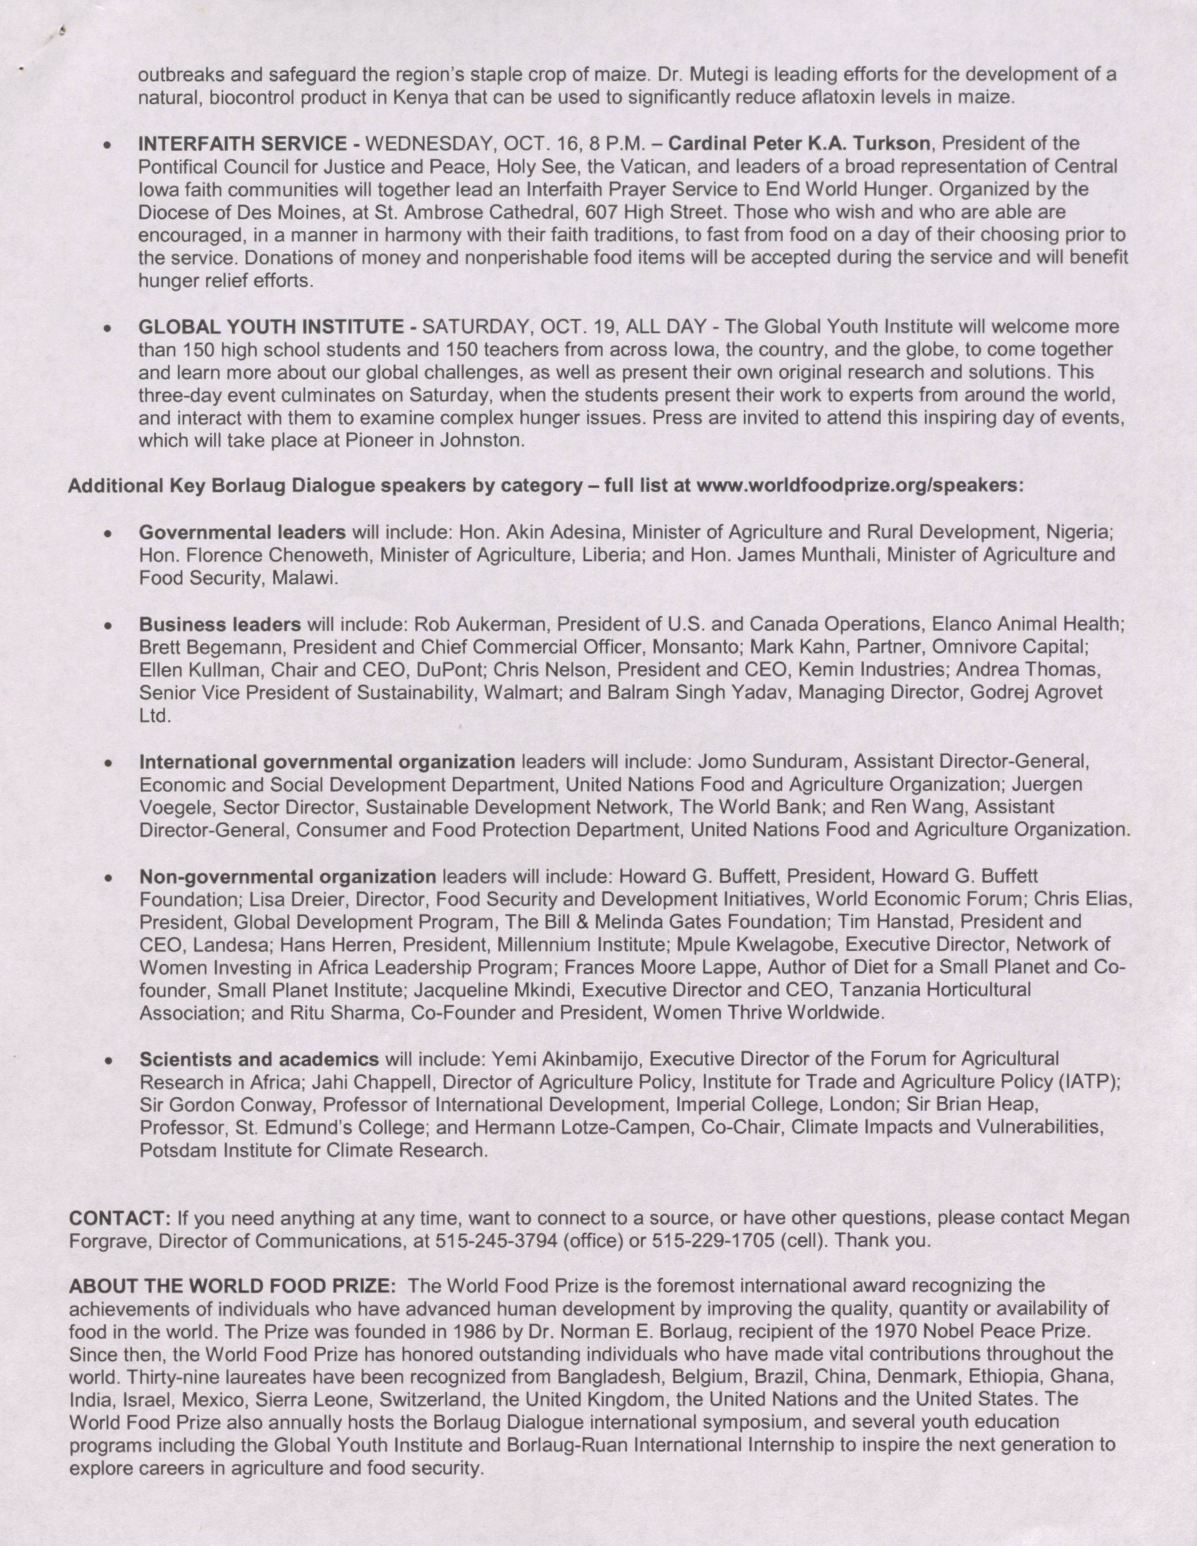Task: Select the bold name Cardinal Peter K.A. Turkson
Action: click(799, 144)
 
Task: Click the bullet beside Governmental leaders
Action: click(108, 533)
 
